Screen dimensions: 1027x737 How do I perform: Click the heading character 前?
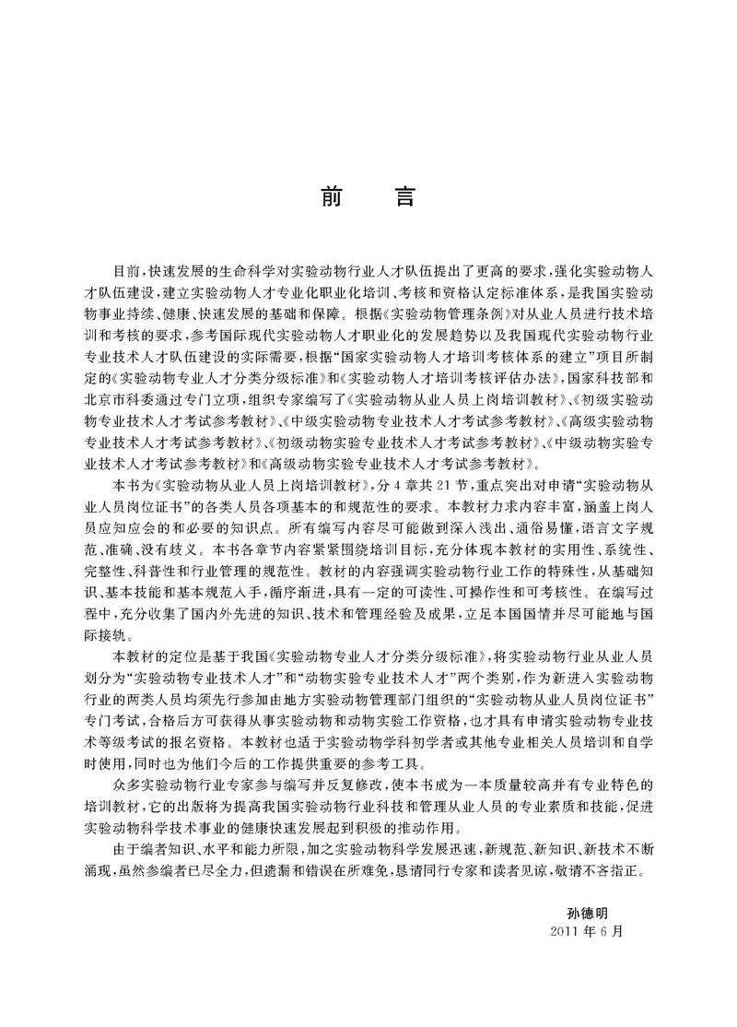(x=330, y=197)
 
